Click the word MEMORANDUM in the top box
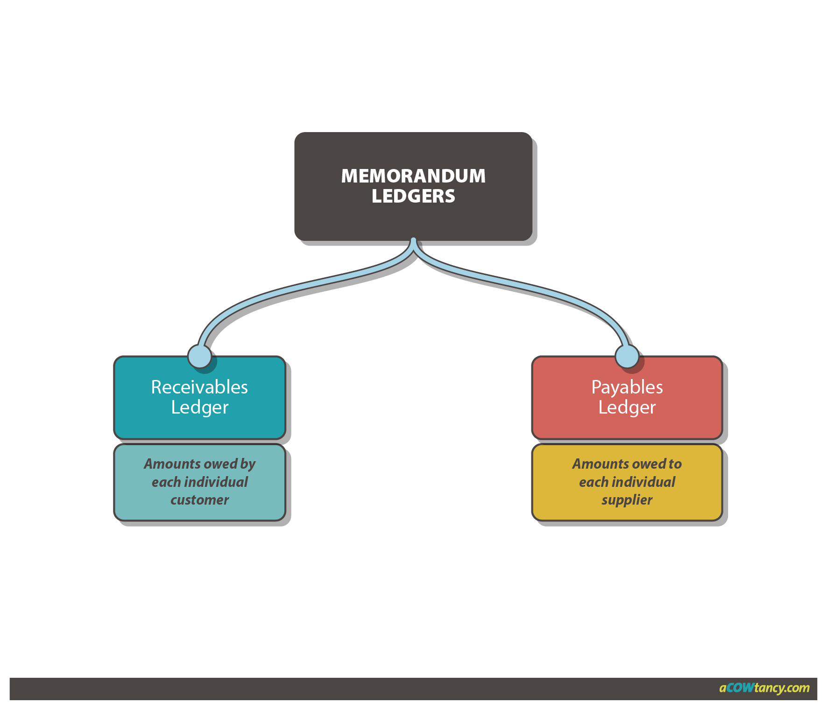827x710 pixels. (413, 176)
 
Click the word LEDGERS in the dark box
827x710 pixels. (413, 196)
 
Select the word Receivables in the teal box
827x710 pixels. (199, 387)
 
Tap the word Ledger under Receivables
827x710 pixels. (199, 408)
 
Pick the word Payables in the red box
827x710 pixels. (627, 387)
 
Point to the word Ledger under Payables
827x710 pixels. (627, 408)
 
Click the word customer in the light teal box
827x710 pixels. (199, 500)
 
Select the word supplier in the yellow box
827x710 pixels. (627, 500)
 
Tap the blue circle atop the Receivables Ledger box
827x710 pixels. (199, 357)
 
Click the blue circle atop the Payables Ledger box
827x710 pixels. (627, 357)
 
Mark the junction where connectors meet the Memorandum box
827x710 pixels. (413, 242)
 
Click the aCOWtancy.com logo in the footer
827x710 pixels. (764, 688)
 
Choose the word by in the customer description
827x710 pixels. (248, 464)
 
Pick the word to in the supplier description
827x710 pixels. (675, 464)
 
